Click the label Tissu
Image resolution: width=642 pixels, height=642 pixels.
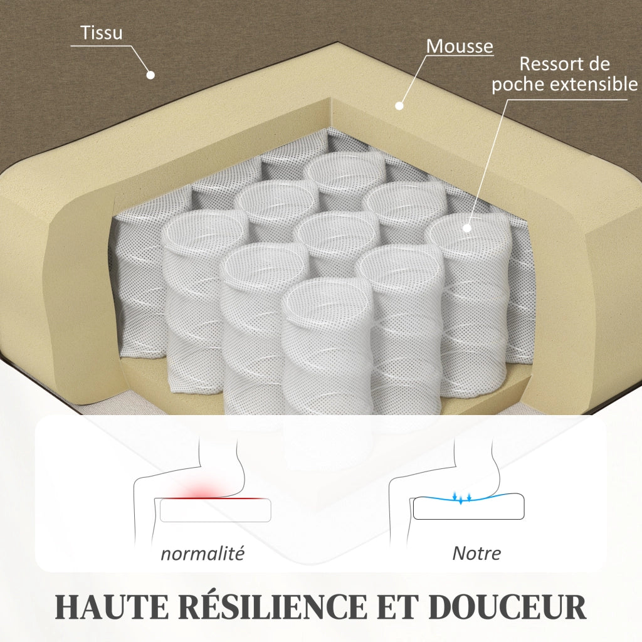tap(101, 33)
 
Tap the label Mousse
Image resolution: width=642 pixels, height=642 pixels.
tap(460, 46)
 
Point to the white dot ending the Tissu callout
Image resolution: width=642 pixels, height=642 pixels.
tap(150, 75)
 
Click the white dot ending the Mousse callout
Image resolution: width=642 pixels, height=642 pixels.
tap(399, 105)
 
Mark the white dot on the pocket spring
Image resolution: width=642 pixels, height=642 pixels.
tap(466, 228)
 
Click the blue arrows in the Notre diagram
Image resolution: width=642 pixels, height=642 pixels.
tap(461, 497)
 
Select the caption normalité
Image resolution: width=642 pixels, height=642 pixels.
tap(203, 554)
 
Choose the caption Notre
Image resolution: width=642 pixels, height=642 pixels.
tap(476, 554)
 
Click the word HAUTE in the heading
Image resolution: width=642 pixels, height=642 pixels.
tap(112, 606)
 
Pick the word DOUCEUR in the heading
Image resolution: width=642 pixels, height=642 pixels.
tap(507, 606)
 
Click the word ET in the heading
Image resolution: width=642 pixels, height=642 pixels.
tap(398, 606)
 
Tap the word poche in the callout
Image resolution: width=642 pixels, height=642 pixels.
tap(518, 85)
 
